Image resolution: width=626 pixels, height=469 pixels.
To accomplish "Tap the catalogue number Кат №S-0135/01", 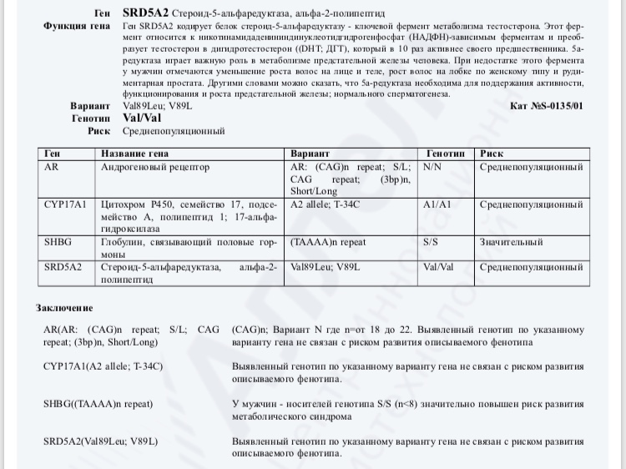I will (546, 106).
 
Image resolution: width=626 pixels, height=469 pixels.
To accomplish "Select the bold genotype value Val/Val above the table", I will (143, 119).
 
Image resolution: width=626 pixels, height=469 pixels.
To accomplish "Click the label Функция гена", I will (77, 28).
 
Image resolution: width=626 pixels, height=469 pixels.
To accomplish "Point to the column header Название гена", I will (134, 154).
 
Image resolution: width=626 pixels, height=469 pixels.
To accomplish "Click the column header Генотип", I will (446, 154).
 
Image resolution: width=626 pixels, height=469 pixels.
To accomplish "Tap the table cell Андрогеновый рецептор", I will (154, 167).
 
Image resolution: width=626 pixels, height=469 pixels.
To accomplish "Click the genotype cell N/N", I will (432, 167).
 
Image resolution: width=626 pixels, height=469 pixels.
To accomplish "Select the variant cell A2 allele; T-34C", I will (325, 204).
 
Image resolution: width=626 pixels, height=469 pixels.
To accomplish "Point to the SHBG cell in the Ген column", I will (58, 242).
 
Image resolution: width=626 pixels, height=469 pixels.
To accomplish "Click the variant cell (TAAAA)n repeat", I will (328, 242).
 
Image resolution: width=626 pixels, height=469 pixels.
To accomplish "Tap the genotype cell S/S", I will (431, 242).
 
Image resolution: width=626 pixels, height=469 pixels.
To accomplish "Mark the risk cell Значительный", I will (512, 242).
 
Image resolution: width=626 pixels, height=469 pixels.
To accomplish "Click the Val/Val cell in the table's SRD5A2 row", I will (438, 267).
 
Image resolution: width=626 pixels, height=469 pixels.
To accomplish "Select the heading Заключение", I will (70, 308).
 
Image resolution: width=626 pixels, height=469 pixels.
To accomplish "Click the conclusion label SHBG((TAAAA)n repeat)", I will (98, 404).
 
